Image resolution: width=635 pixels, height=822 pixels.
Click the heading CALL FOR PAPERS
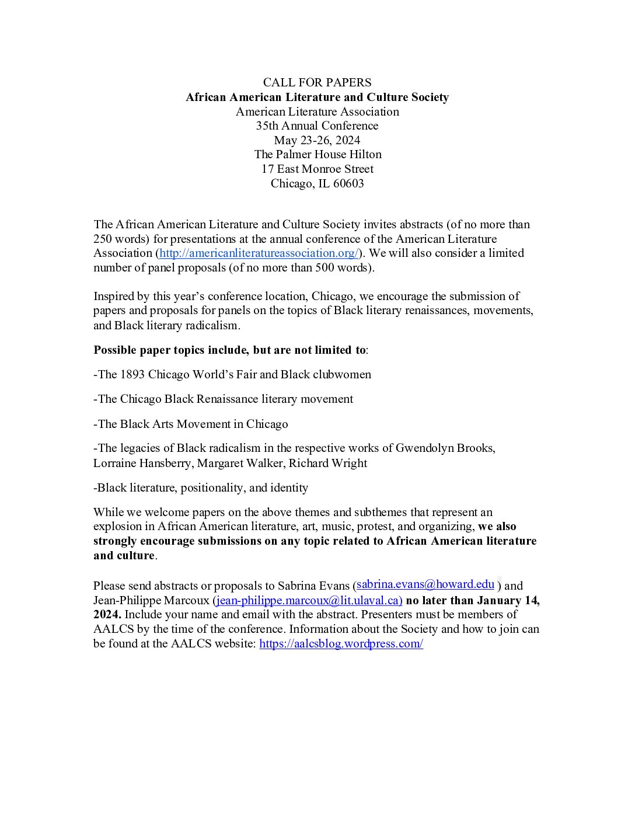tap(317, 82)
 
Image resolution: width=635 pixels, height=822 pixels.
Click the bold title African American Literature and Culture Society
tap(317, 97)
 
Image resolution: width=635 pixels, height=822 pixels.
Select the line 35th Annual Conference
tap(317, 126)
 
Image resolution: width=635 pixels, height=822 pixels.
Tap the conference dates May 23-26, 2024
tap(317, 140)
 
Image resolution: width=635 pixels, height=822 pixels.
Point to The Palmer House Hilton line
tap(317, 154)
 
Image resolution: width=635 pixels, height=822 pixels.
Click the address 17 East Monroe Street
tap(317, 169)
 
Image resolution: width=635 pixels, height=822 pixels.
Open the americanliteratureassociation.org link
tap(259, 253)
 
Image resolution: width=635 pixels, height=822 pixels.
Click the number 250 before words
tap(103, 239)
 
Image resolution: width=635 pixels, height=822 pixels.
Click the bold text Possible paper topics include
tap(229, 350)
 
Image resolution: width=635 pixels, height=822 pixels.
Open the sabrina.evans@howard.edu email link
tap(425, 584)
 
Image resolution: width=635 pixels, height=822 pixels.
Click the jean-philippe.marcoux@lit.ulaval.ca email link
tap(308, 600)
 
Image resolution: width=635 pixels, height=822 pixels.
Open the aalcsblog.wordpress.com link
tap(341, 643)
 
